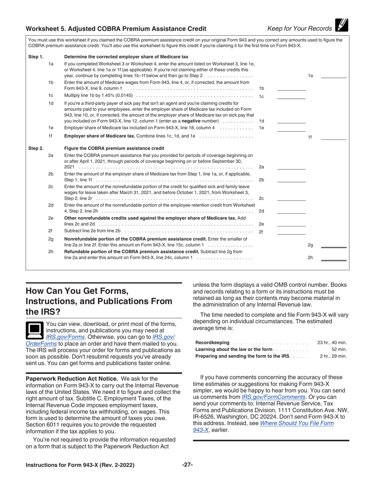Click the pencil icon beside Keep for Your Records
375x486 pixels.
coord(341,26)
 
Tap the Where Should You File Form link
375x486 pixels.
coord(296,423)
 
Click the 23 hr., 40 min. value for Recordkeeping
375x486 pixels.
coord(332,342)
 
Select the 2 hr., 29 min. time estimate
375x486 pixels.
coord(333,356)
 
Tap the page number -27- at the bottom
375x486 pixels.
coord(187,465)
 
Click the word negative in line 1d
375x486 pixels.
coord(193,121)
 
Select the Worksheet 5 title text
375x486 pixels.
coord(116,28)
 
